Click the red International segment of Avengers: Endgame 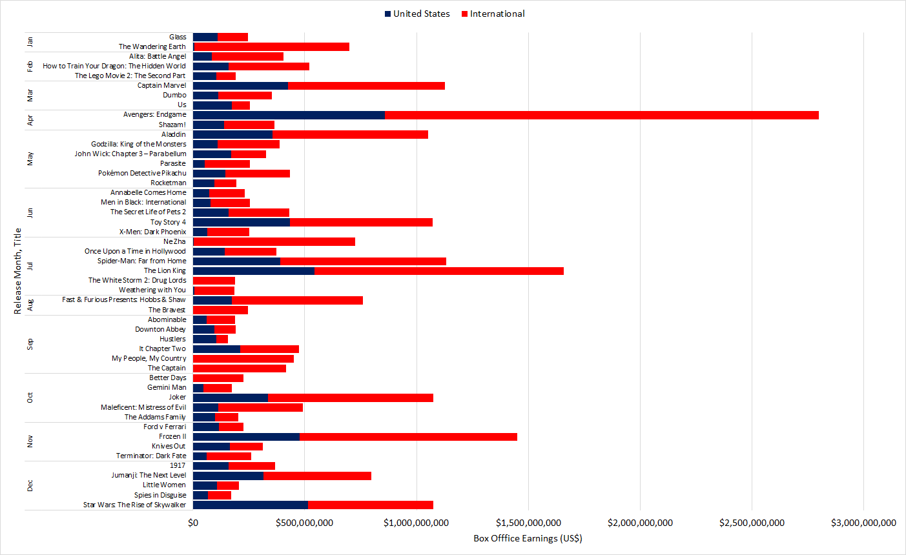[601, 115]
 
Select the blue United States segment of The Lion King [253, 270]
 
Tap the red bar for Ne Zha [274, 241]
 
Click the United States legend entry [417, 14]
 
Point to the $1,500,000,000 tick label [528, 523]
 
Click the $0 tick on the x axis [193, 523]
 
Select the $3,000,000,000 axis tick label [863, 523]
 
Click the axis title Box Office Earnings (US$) [528, 538]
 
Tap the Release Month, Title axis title [17, 271]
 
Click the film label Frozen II [172, 436]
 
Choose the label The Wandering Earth [152, 46]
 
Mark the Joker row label [177, 397]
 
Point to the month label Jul [30, 266]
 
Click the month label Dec [30, 485]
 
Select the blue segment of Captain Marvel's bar [240, 85]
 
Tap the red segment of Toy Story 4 [361, 222]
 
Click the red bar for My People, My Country [243, 358]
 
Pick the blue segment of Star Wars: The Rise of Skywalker [251, 505]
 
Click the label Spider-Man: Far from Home [141, 261]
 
